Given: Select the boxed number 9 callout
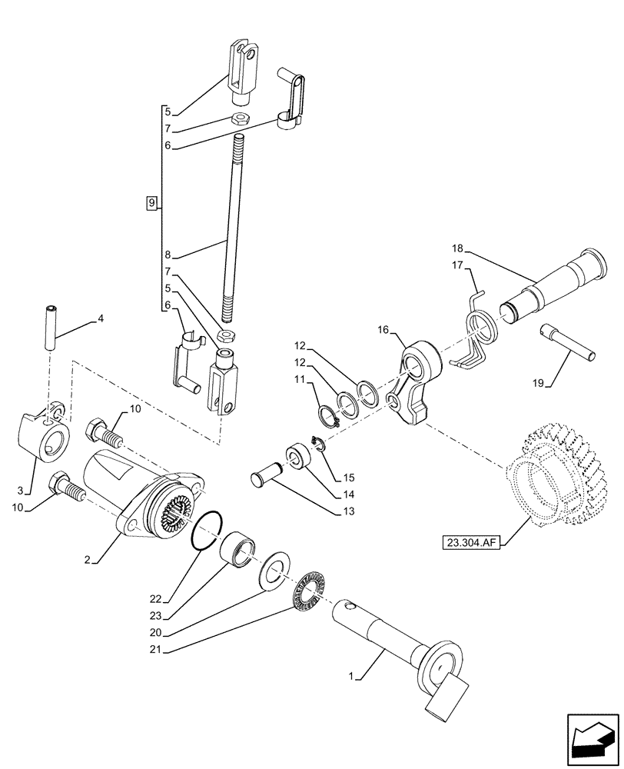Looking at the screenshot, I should [x=151, y=203].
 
